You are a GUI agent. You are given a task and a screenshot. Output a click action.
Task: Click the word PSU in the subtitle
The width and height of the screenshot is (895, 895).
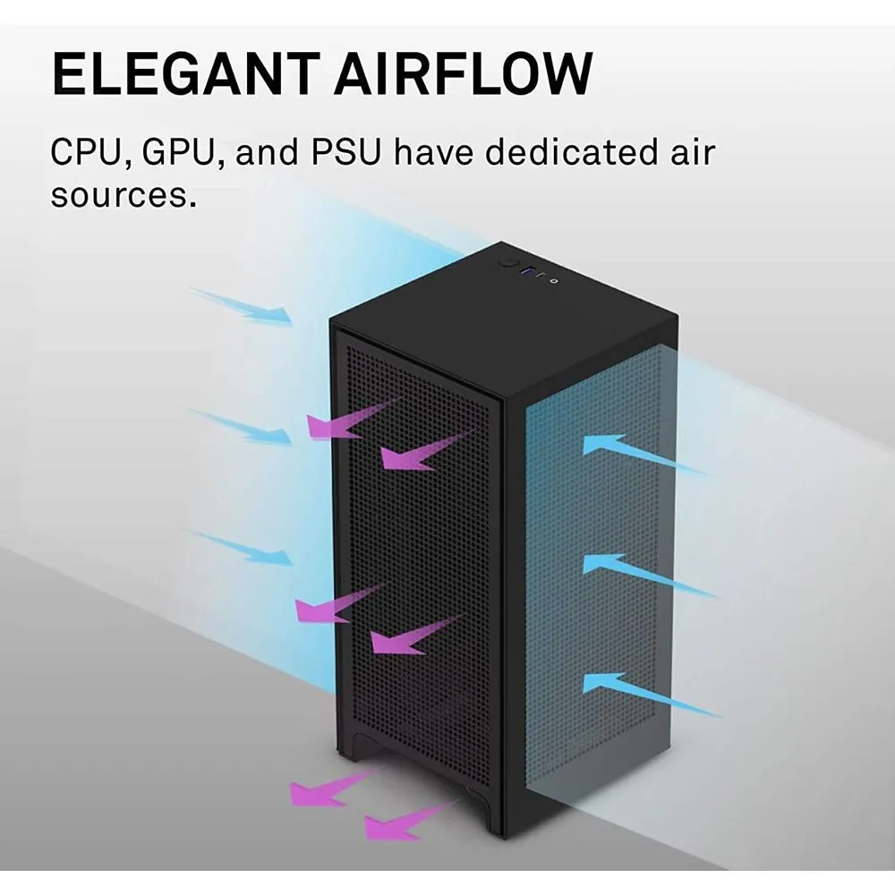point(344,153)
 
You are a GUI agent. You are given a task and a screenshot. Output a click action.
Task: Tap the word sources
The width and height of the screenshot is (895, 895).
point(122,194)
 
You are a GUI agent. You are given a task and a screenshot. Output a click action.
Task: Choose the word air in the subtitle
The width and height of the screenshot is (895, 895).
point(690,153)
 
